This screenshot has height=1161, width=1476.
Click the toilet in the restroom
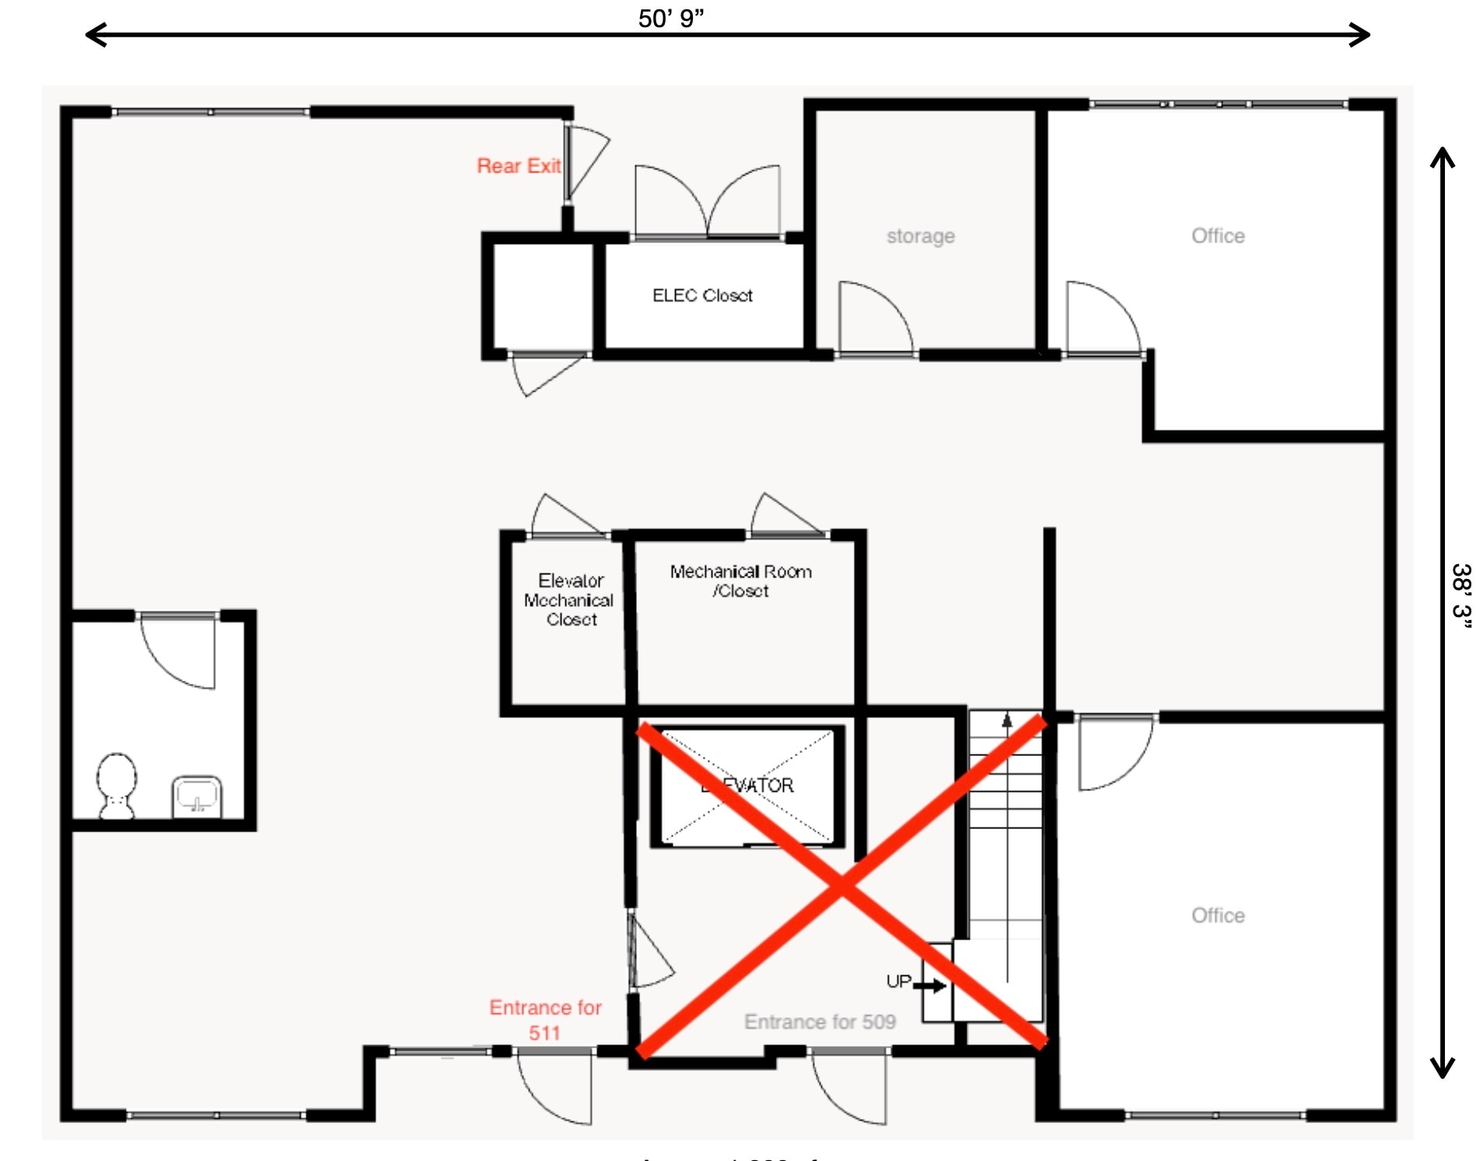pyautogui.click(x=117, y=785)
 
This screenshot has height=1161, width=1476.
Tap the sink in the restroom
pyautogui.click(x=197, y=796)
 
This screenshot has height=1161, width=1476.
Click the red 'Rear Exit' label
pyautogui.click(x=518, y=166)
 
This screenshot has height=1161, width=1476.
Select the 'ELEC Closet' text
pyautogui.click(x=702, y=295)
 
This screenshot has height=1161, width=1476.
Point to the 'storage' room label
pyautogui.click(x=920, y=235)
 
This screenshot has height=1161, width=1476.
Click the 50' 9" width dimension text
pyautogui.click(x=670, y=18)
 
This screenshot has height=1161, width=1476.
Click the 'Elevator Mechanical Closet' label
pyautogui.click(x=570, y=599)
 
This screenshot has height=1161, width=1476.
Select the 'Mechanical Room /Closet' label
pyautogui.click(x=740, y=580)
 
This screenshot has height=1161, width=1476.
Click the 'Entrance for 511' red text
pyautogui.click(x=545, y=1020)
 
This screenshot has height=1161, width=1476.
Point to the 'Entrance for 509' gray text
pyautogui.click(x=820, y=1021)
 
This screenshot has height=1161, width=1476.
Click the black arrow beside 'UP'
pyautogui.click(x=930, y=985)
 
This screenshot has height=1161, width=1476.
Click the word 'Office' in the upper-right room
pyautogui.click(x=1217, y=235)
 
